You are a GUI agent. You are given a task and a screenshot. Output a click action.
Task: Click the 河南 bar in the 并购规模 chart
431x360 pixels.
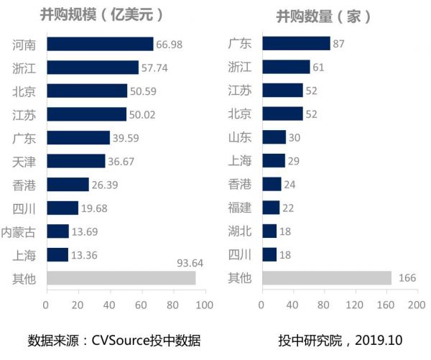pyautogui.click(x=100, y=44)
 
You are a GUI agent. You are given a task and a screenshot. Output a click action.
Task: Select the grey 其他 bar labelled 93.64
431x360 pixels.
pyautogui.click(x=121, y=278)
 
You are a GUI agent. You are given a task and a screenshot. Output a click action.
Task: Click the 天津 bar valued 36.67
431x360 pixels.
pyautogui.click(x=75, y=161)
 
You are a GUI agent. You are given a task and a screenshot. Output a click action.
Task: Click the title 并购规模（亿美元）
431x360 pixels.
pyautogui.click(x=101, y=14)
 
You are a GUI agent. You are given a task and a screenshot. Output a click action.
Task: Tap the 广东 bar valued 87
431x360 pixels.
pyautogui.click(x=296, y=44)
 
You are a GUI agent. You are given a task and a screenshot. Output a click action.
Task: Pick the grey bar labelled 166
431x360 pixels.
pyautogui.click(x=327, y=278)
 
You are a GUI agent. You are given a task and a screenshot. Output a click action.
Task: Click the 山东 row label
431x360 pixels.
pyautogui.click(x=240, y=137)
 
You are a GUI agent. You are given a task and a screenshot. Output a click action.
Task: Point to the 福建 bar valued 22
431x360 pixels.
pyautogui.click(x=271, y=208)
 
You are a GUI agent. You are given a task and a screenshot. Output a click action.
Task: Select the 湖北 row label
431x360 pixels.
pyautogui.click(x=240, y=231)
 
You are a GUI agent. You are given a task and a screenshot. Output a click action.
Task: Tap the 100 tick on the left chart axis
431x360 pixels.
pyautogui.click(x=205, y=304)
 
